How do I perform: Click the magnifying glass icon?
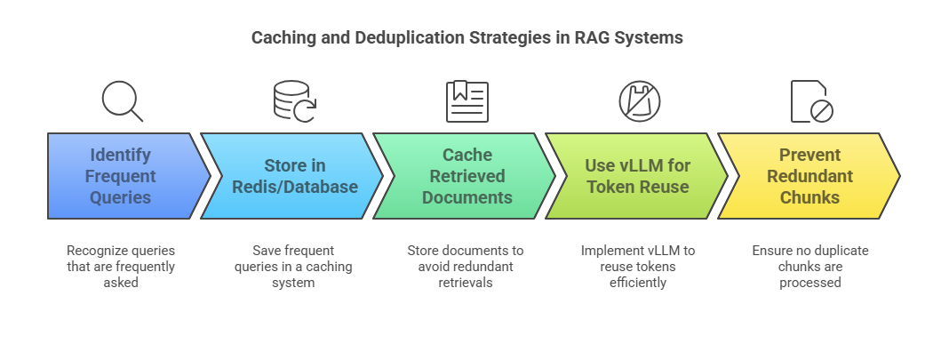pyautogui.click(x=122, y=100)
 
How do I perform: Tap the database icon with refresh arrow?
pyautogui.click(x=294, y=100)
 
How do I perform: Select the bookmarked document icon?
pyautogui.click(x=466, y=100)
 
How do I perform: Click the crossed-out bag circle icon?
pyautogui.click(x=639, y=100)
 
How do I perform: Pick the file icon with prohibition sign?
pyautogui.click(x=811, y=100)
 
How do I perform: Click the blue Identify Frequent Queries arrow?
pyautogui.click(x=120, y=176)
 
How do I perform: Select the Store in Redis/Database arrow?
pyautogui.click(x=292, y=176)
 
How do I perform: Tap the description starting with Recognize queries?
pyautogui.click(x=121, y=266)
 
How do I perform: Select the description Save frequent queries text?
pyautogui.click(x=293, y=266)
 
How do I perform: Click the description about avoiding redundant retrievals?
pyautogui.click(x=466, y=266)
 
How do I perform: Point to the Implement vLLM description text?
pyautogui.click(x=638, y=266)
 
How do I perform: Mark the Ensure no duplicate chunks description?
pyautogui.click(x=810, y=266)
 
